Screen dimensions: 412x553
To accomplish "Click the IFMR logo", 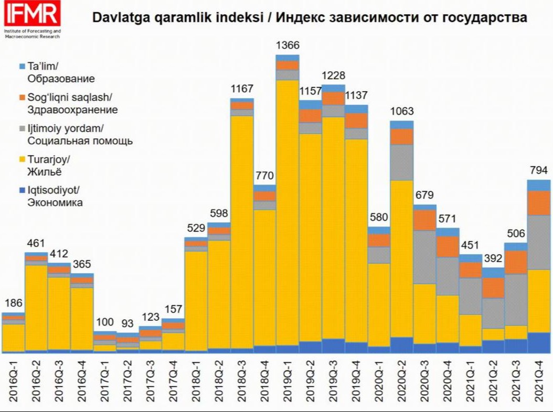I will pyautogui.click(x=31, y=16).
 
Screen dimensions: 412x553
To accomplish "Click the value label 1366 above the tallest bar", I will pyautogui.click(x=288, y=46).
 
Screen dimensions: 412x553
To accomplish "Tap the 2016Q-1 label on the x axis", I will pyautogui.click(x=14, y=385).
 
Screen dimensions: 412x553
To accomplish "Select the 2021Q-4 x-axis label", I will pyautogui.click(x=538, y=385).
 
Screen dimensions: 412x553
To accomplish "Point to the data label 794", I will pyautogui.click(x=538, y=171).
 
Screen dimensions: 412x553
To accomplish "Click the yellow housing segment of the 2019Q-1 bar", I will pyautogui.click(x=288, y=210).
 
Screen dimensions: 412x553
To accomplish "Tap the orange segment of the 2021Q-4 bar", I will pyautogui.click(x=538, y=203).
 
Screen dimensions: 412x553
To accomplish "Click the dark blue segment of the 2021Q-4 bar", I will pyautogui.click(x=538, y=342).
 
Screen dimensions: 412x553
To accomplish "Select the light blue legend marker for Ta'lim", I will pyautogui.click(x=22, y=67).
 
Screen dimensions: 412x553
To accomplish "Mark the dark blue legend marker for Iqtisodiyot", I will pyautogui.click(x=22, y=190).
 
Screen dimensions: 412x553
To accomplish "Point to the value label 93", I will pyautogui.click(x=127, y=323).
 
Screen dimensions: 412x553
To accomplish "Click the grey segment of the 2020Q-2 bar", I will pyautogui.click(x=401, y=162).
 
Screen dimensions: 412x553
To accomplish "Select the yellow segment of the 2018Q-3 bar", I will pyautogui.click(x=242, y=231).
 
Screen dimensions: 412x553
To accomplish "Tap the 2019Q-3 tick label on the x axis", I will pyautogui.click(x=333, y=385).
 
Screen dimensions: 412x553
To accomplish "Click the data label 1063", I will pyautogui.click(x=402, y=111).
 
